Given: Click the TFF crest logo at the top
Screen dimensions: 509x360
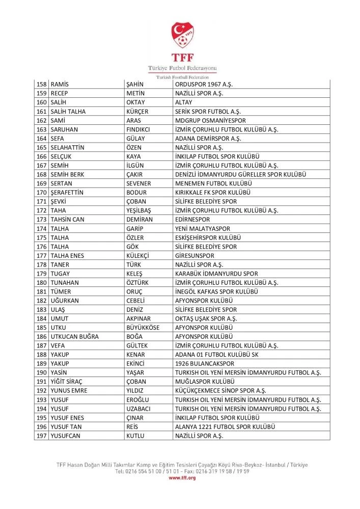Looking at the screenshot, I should coord(182,35).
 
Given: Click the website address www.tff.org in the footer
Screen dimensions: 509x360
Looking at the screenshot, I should coord(182,478).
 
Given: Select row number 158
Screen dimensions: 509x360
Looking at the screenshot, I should coord(42,84).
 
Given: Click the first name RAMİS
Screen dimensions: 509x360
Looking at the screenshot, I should coord(60,84).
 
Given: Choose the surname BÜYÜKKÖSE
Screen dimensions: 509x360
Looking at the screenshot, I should coord(143,328).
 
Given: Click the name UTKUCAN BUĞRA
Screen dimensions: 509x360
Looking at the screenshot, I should coord(74,337).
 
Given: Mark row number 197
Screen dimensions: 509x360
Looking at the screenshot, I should coord(42,436).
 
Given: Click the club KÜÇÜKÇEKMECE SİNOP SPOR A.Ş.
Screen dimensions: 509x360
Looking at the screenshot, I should coord(220,391).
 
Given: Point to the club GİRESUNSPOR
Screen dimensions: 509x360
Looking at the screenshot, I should coord(195,256).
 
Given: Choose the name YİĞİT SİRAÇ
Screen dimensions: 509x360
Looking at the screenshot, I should coord(69,382).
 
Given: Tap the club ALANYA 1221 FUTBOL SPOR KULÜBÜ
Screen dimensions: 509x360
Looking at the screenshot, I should coord(225,426).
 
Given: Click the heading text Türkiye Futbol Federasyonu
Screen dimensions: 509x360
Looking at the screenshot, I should coord(182,68).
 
